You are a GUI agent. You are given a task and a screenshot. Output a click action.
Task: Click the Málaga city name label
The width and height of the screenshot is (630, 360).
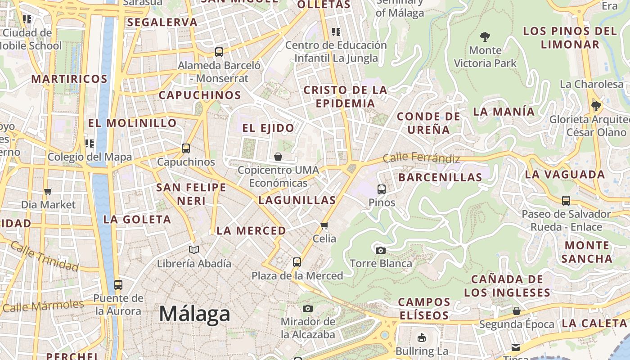(x=194, y=314)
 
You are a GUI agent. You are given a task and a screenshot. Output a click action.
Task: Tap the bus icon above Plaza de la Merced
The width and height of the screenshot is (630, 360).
(x=297, y=262)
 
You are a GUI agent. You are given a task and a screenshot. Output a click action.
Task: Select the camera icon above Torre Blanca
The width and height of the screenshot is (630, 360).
(x=381, y=250)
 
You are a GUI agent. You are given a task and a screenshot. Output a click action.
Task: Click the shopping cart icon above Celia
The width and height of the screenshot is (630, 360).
(x=324, y=225)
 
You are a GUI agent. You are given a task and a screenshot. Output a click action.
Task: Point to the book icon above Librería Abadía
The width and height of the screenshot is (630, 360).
(x=194, y=250)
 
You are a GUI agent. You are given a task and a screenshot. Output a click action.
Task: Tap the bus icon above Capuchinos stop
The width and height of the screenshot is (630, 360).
(x=186, y=148)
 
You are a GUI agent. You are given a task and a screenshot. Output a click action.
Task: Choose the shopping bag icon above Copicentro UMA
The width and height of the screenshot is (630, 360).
(x=278, y=157)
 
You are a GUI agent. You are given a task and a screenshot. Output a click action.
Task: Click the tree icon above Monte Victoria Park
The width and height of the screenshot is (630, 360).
(x=485, y=36)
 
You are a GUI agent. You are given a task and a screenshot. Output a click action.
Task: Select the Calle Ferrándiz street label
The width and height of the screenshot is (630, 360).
(x=421, y=158)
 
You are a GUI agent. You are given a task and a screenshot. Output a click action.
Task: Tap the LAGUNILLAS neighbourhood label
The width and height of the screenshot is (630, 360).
(x=297, y=200)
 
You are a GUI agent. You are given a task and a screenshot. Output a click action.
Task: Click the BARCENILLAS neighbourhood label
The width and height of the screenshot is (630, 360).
(x=440, y=177)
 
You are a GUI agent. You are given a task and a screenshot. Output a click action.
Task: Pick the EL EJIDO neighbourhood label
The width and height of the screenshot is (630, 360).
(x=268, y=128)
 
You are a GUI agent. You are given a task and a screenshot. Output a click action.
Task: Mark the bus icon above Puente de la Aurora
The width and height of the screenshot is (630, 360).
(x=118, y=284)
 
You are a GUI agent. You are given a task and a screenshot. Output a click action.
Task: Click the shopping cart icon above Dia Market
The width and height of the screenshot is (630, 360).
(x=48, y=191)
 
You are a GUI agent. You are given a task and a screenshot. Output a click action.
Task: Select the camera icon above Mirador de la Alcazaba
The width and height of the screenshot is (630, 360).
(x=308, y=308)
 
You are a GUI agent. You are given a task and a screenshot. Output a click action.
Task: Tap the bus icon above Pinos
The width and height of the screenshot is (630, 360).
(x=382, y=189)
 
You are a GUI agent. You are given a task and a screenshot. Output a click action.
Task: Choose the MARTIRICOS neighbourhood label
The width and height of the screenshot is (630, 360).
(x=69, y=79)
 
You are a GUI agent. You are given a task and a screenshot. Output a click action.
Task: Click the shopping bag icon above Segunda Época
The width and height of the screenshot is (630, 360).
(x=517, y=311)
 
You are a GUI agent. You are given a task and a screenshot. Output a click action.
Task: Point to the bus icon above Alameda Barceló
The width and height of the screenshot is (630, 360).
(x=219, y=52)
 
